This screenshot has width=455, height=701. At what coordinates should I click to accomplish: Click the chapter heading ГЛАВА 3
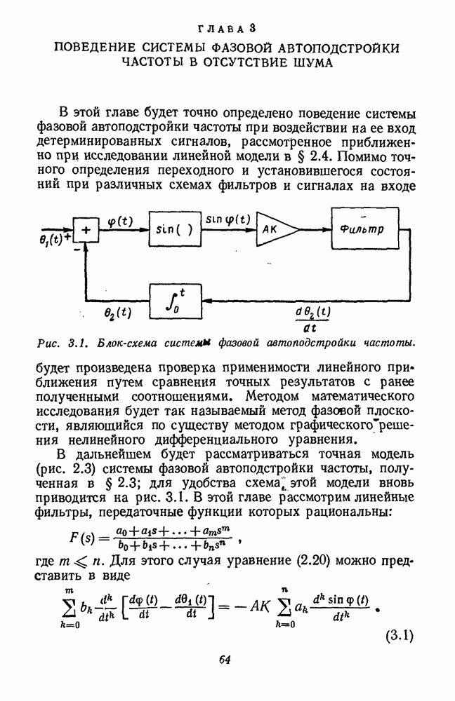[x=227, y=29]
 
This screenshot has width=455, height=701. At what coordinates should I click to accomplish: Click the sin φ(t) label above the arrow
[x=227, y=219]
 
